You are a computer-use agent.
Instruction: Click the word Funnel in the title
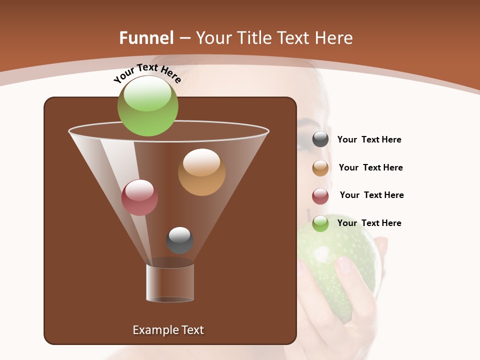146,38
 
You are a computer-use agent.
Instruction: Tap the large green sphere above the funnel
147,106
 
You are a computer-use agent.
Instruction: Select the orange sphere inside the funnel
201,172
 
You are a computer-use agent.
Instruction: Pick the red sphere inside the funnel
139,197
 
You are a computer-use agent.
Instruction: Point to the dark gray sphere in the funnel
179,240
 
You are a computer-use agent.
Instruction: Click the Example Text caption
168,330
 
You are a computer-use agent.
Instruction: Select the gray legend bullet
320,139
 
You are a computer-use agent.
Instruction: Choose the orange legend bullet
320,168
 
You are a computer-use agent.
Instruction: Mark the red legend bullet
320,196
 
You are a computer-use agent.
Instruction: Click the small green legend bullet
320,223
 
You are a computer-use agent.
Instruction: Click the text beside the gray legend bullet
369,140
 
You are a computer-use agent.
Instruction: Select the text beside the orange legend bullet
370,168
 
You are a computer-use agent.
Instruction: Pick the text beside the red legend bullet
371,195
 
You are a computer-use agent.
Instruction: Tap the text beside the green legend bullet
369,223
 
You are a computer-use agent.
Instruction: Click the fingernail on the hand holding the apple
345,264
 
